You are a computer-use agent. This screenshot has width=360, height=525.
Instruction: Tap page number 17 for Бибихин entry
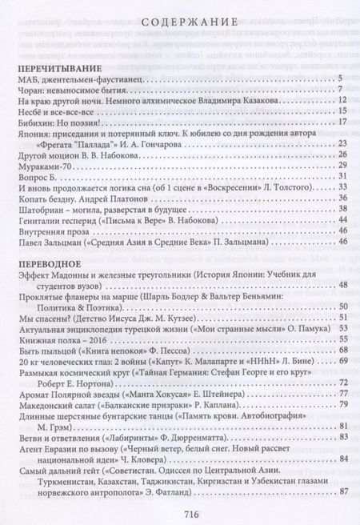point(339,122)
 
